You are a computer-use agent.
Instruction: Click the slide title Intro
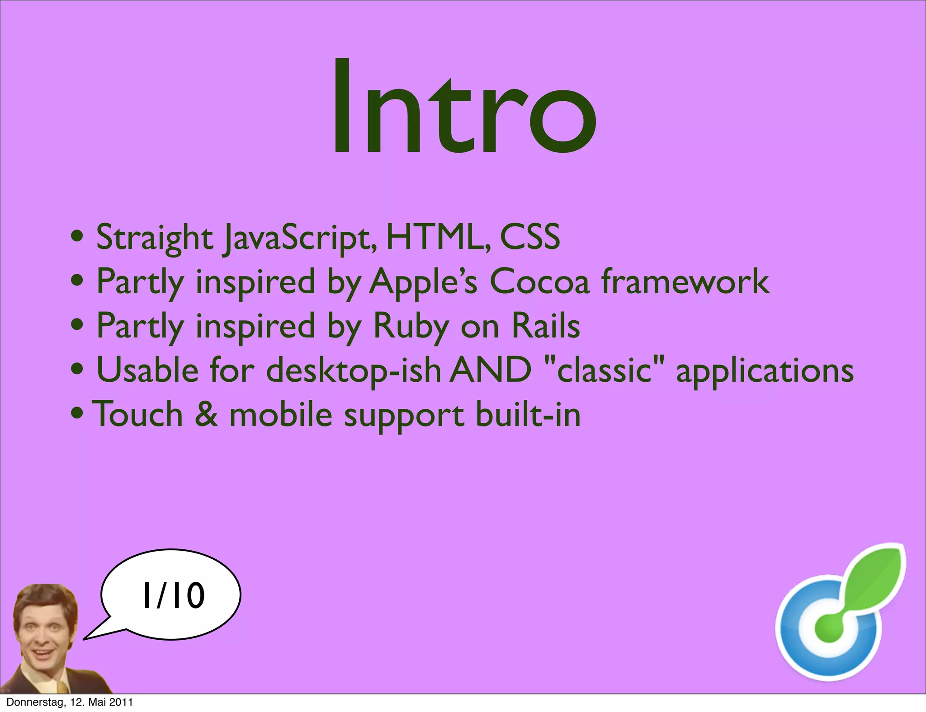464,108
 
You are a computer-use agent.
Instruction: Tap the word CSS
530,237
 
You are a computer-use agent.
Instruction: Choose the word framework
685,281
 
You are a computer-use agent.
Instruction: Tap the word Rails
546,326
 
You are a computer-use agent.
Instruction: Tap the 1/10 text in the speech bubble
174,595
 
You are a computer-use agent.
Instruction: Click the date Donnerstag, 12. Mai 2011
70,702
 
